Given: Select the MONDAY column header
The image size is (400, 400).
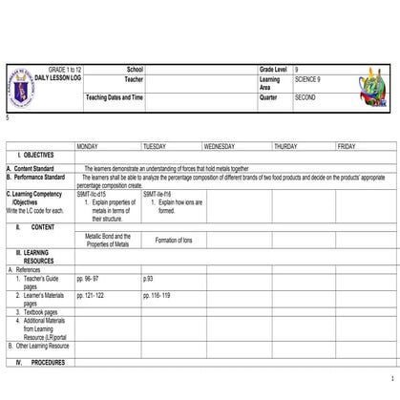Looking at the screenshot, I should point(91,146).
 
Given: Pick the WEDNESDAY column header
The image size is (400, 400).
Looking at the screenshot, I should point(222,146).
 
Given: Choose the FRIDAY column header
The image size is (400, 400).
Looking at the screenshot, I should point(347,146).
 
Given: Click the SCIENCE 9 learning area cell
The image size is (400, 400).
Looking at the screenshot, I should point(308,80).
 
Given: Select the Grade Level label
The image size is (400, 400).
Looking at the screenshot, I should point(276,71).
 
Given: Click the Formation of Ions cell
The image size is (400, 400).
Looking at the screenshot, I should point(174,240).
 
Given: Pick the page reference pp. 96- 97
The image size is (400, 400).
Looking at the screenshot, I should point(92,278).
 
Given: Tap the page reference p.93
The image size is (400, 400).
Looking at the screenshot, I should point(148,278).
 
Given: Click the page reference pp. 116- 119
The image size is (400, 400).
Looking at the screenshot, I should point(158,296).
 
